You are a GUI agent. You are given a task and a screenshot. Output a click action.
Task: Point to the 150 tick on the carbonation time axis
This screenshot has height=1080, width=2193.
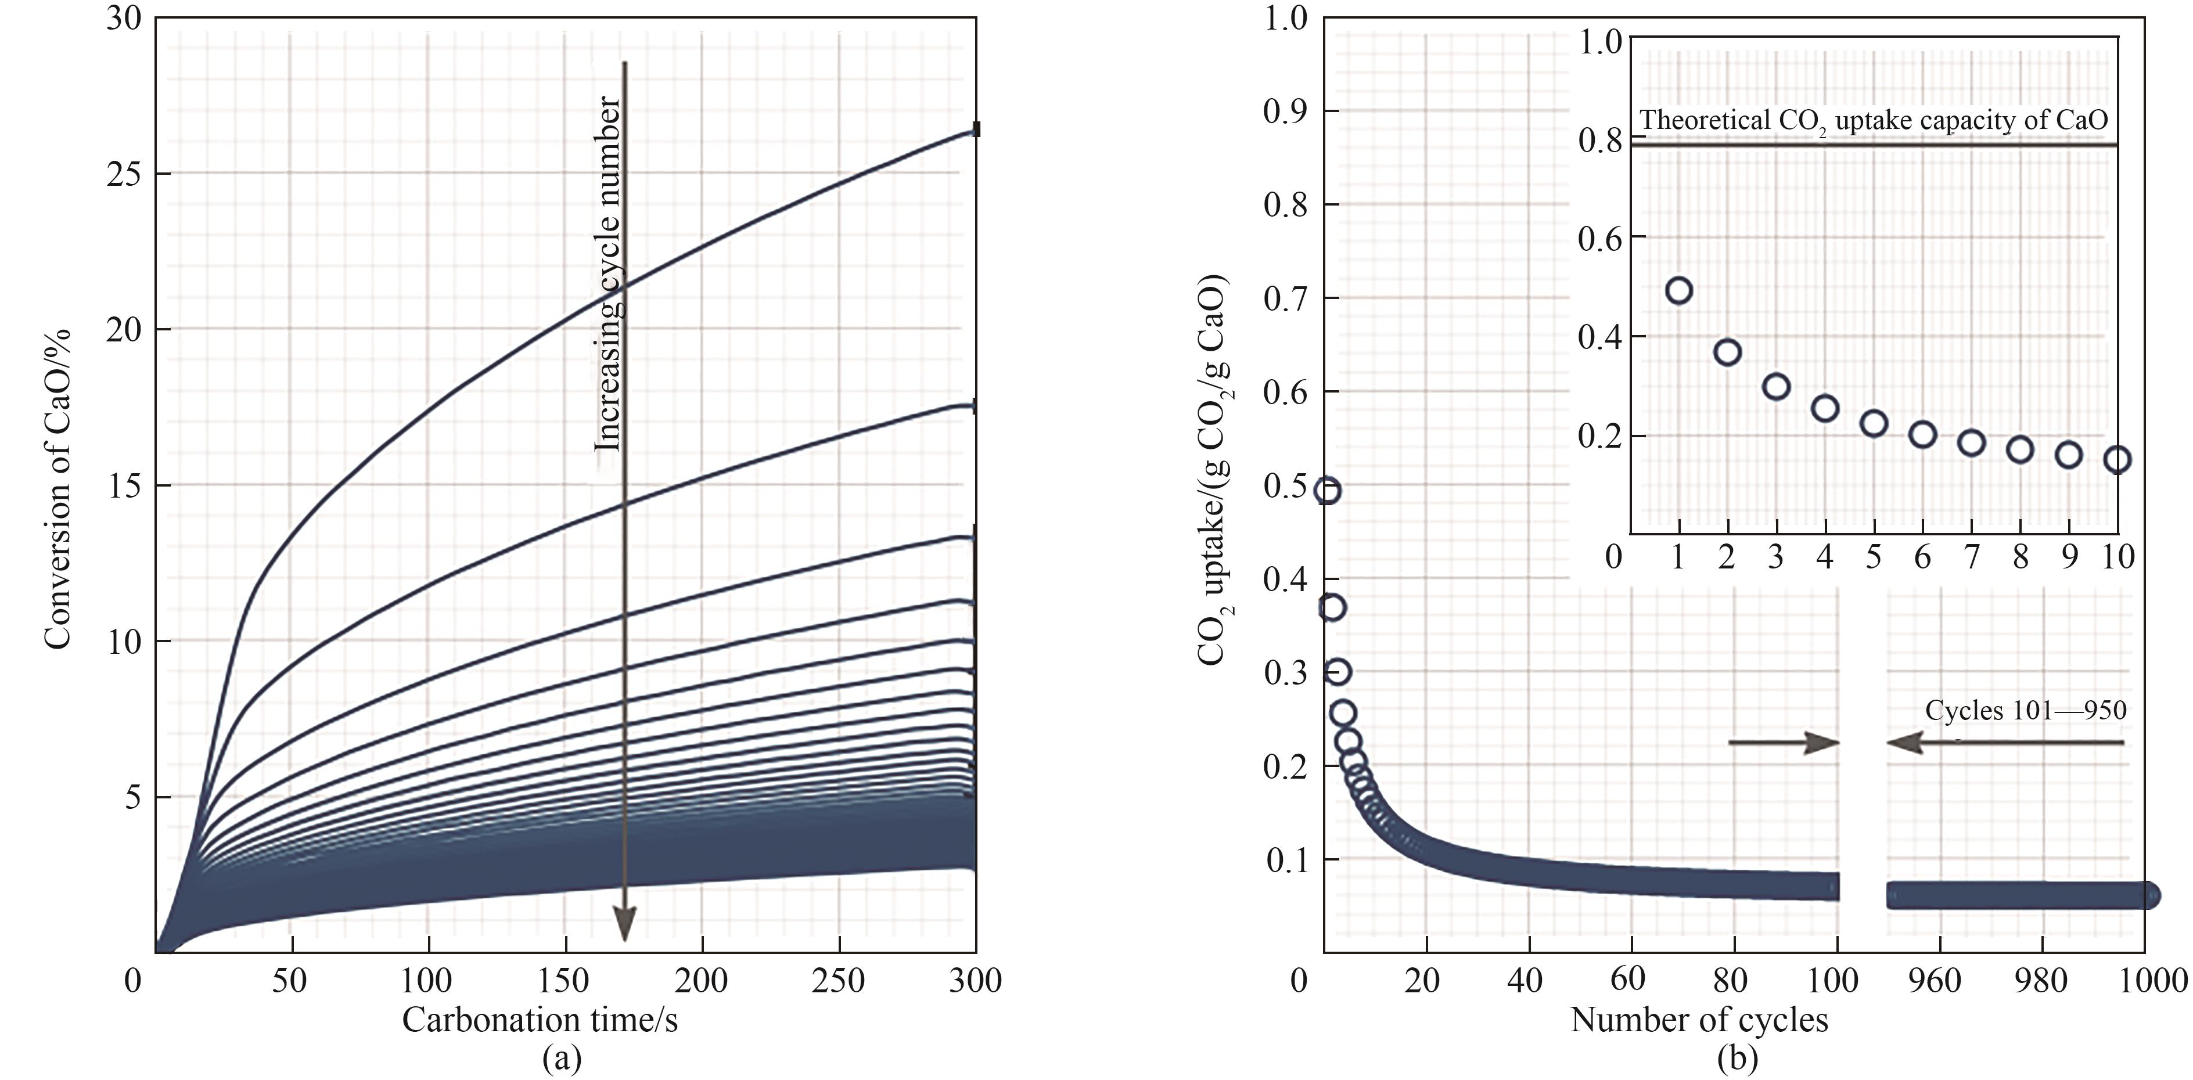[x=565, y=981]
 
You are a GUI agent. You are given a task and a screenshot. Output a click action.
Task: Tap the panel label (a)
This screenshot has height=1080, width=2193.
[x=562, y=1058]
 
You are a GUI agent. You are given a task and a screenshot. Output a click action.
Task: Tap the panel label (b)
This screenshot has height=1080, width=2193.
[x=1737, y=1058]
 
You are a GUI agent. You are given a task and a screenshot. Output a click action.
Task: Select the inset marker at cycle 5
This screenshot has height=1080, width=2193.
[x=1874, y=423]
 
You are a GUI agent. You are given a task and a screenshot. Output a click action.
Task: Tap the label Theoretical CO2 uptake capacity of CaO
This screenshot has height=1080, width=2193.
[x=1874, y=121]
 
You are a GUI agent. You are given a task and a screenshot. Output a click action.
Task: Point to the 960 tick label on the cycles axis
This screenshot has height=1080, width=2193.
[x=1937, y=981]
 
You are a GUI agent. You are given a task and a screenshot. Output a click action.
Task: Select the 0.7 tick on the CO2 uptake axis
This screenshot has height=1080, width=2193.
[x=1285, y=298]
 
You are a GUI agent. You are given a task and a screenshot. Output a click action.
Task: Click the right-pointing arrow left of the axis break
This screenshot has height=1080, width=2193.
[x=1784, y=743]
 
